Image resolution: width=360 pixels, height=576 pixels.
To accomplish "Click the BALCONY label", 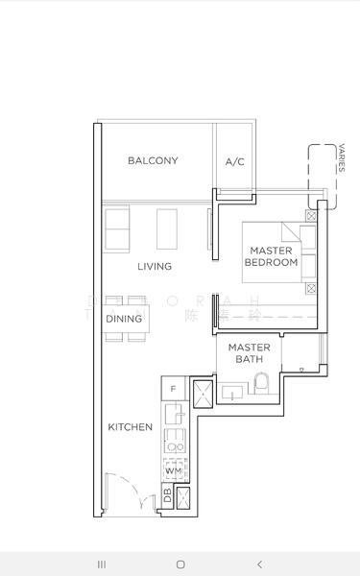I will [x=153, y=160].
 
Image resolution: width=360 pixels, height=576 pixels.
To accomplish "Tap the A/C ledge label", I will [x=235, y=162].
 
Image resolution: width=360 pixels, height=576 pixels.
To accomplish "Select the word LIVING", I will [x=155, y=266].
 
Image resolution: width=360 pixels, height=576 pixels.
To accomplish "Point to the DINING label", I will [x=124, y=319].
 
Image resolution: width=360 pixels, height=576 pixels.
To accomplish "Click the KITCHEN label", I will [x=130, y=426].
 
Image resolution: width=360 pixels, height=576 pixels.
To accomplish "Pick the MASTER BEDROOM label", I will [x=272, y=256].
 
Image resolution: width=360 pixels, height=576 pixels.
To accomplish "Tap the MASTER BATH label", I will [x=249, y=353].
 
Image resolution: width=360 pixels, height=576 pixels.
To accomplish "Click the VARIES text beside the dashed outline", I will [x=342, y=157].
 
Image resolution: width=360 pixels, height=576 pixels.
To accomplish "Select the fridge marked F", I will [x=173, y=389].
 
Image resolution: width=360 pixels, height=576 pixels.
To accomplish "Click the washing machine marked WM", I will [x=173, y=470].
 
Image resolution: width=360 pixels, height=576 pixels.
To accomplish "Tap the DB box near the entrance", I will [x=167, y=496].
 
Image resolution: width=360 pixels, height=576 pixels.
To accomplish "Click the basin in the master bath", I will [x=233, y=392].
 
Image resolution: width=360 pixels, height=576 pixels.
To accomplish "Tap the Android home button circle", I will [x=180, y=564].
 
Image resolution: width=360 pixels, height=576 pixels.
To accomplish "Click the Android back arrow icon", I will [x=258, y=564].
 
